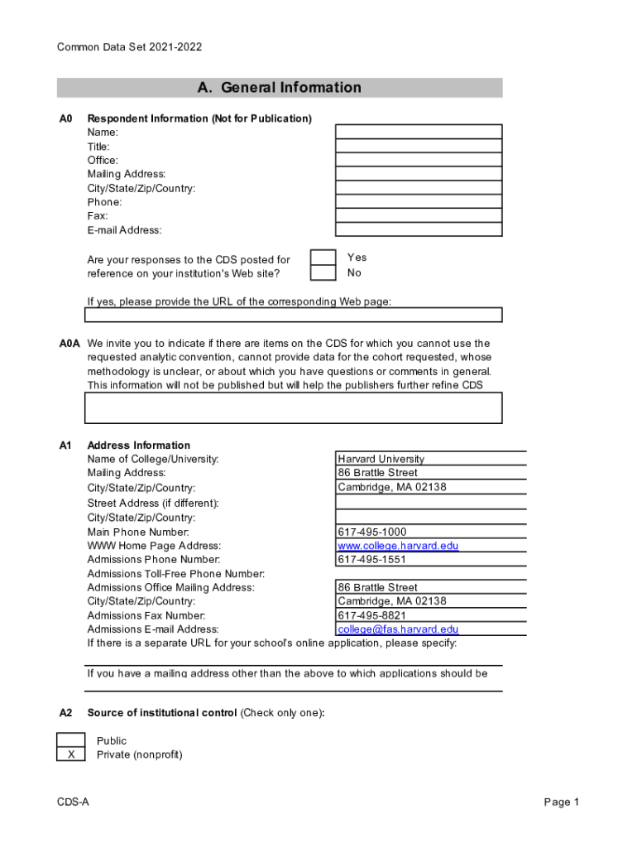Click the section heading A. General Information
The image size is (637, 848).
(280, 88)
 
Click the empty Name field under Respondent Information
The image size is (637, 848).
(418, 132)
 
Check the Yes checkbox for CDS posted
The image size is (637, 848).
(323, 258)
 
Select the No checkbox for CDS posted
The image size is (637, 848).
(323, 273)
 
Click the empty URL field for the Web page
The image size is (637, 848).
(294, 315)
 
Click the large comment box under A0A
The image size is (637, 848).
(294, 407)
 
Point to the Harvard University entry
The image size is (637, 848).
(381, 459)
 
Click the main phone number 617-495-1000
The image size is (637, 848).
(372, 532)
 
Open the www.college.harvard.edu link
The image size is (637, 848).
(398, 546)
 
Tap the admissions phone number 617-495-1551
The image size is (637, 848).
(372, 560)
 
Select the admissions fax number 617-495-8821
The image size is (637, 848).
(372, 615)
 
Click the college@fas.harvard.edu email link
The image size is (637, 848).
(398, 629)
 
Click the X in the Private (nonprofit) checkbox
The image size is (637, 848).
(71, 754)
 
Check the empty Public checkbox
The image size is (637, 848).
(71, 740)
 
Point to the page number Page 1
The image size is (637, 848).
(562, 802)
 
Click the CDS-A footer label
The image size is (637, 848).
(73, 802)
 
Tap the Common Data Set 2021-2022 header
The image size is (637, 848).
(129, 47)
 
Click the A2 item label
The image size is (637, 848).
(66, 713)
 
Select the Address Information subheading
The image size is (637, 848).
(139, 445)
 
